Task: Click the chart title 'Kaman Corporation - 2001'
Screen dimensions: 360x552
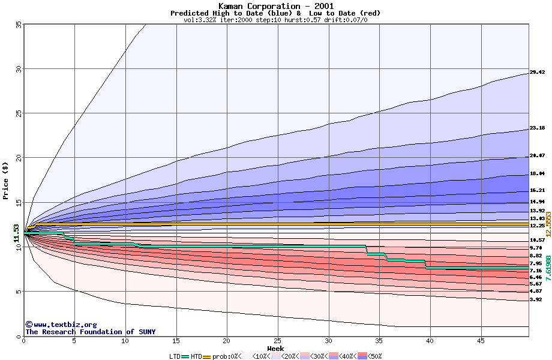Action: click(x=275, y=6)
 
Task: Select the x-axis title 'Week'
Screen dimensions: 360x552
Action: click(x=275, y=348)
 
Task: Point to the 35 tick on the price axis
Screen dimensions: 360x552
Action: click(x=19, y=24)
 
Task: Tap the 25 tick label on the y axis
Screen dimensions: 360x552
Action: click(x=19, y=113)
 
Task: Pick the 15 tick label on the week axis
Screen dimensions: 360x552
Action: click(x=176, y=340)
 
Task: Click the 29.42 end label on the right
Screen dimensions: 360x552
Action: click(x=537, y=73)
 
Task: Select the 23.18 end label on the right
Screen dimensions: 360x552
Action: click(x=537, y=128)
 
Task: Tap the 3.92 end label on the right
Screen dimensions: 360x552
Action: click(x=536, y=299)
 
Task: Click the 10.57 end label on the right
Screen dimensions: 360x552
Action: click(x=537, y=240)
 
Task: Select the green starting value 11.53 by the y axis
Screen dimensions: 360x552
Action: click(x=17, y=233)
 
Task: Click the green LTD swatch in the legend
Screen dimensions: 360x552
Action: click(x=185, y=356)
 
